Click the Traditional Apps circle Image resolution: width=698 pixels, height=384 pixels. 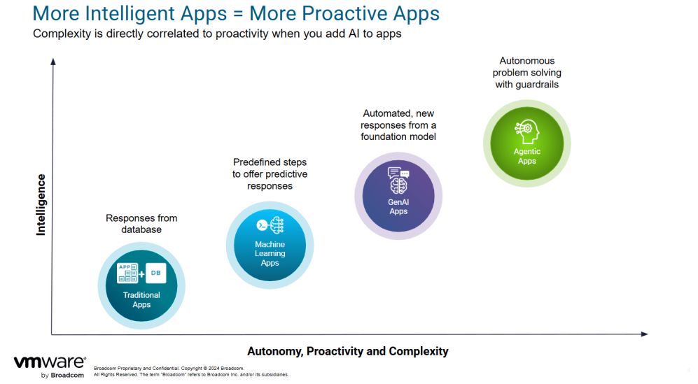tap(141, 285)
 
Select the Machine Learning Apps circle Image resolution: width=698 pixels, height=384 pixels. tap(270, 246)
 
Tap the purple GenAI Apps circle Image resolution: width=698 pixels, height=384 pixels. tap(398, 196)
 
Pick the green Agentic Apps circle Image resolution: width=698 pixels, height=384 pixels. tap(527, 143)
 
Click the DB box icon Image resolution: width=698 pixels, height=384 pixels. tap(156, 273)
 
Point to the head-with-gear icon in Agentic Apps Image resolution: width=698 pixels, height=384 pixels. tap(527, 131)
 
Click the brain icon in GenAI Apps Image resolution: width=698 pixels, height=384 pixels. tap(398, 185)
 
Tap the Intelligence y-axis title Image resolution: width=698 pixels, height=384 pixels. tap(41, 205)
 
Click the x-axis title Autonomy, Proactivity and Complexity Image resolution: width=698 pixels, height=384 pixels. tap(348, 352)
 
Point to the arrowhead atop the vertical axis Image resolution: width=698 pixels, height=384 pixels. tap(53, 62)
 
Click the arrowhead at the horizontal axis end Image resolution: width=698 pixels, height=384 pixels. tap(644, 334)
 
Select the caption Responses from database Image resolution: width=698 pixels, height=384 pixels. tap(141, 224)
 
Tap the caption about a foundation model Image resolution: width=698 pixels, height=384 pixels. tap(398, 125)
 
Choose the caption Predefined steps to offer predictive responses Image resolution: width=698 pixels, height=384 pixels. tap(270, 174)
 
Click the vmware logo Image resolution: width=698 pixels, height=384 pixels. tap(50, 367)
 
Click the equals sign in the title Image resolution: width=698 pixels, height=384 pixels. tap(238, 14)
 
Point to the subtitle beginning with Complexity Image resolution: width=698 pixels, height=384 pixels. tap(217, 34)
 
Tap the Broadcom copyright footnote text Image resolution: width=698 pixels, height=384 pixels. tap(191, 371)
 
